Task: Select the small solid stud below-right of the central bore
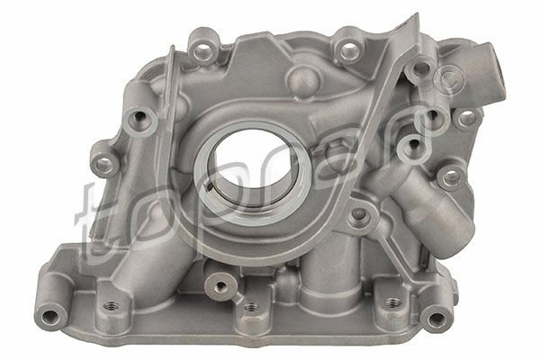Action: (x=360, y=213)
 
